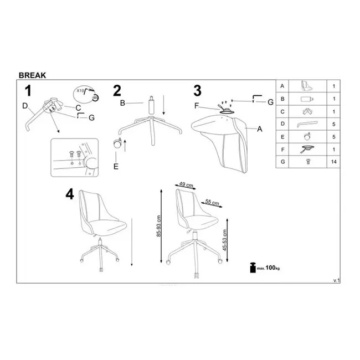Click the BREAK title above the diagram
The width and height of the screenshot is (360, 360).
pos(33,73)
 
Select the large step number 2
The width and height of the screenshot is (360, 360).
pos(117,91)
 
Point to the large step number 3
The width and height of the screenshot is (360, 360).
pos(197,91)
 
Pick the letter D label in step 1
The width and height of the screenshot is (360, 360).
pos(25,105)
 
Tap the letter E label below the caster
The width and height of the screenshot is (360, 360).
pos(116,166)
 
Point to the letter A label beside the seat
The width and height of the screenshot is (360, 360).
pos(259,128)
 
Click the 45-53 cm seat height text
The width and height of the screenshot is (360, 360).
pos(224,241)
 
